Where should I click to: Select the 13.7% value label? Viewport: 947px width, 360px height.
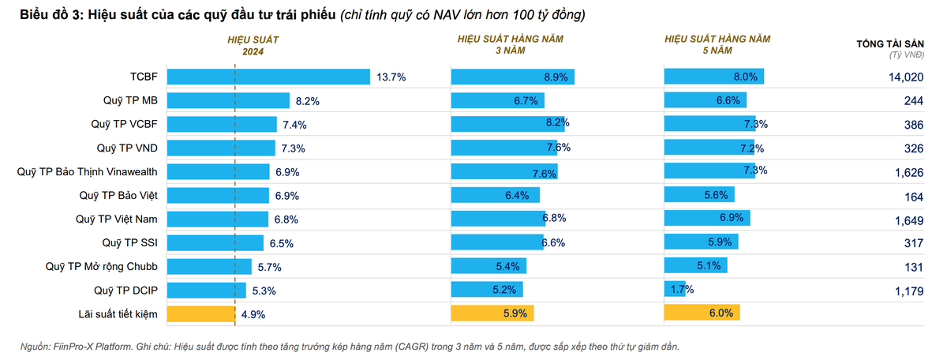click(x=391, y=77)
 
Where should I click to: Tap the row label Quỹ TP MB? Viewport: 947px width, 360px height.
click(x=130, y=101)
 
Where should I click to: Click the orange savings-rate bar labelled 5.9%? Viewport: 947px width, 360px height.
click(x=492, y=313)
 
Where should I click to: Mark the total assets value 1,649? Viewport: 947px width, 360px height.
click(x=908, y=219)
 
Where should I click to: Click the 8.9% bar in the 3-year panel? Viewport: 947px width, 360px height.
click(x=512, y=77)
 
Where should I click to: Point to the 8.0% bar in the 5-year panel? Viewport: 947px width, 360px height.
click(x=714, y=77)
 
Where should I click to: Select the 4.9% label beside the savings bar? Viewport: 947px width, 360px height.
click(x=253, y=314)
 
